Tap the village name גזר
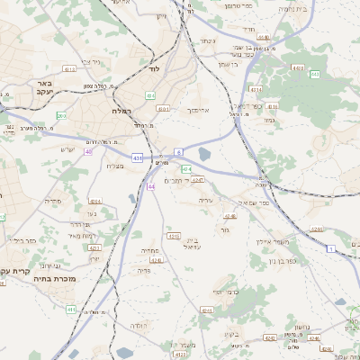tap(225, 231)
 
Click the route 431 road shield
tap(137, 157)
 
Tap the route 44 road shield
tap(151, 186)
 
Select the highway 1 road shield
tap(331, 247)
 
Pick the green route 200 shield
tap(61, 115)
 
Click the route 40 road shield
tap(88, 151)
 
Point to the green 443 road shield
tap(297, 67)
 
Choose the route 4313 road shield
tap(255, 89)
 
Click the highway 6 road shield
tap(179, 151)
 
